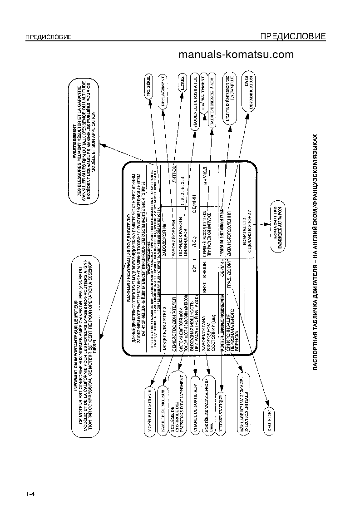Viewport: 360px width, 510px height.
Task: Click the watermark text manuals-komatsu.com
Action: click(236, 55)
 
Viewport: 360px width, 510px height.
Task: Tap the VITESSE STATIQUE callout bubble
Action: click(221, 400)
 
